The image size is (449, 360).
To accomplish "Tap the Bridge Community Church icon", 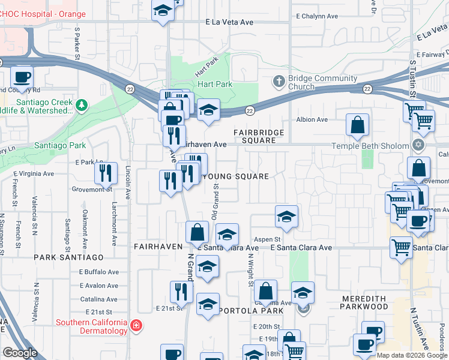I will click(x=279, y=80).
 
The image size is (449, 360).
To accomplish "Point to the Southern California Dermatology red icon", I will click(x=137, y=325).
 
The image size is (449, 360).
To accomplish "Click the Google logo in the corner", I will click(x=20, y=353).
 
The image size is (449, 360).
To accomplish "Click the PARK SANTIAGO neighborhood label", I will click(x=68, y=257).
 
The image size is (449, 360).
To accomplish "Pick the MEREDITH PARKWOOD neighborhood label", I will click(x=364, y=302).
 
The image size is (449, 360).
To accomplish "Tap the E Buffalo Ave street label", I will click(x=99, y=272).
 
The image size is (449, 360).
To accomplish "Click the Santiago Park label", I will click(x=59, y=146).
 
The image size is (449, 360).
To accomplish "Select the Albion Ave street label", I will click(x=312, y=119).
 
